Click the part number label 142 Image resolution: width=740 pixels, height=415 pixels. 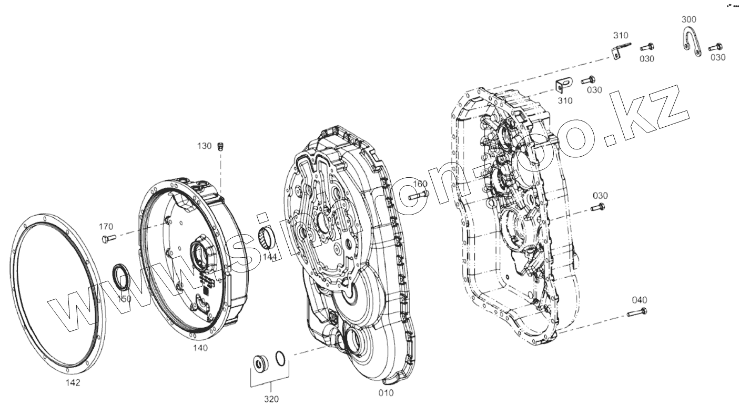73,382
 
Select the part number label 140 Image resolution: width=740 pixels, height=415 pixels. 200,348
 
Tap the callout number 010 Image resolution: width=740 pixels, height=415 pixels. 386,392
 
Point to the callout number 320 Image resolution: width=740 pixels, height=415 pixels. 271,399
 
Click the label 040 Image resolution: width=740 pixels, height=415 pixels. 640,300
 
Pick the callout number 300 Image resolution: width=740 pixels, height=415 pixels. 688,19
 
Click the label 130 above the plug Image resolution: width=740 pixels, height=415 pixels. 204,146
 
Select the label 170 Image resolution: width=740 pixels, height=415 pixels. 106,227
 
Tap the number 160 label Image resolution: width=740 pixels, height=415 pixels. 420,184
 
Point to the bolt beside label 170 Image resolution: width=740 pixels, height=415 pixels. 105,239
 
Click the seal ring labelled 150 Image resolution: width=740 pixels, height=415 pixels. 121,277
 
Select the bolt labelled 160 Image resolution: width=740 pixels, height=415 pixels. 418,196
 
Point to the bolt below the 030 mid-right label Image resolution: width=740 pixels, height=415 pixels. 597,208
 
